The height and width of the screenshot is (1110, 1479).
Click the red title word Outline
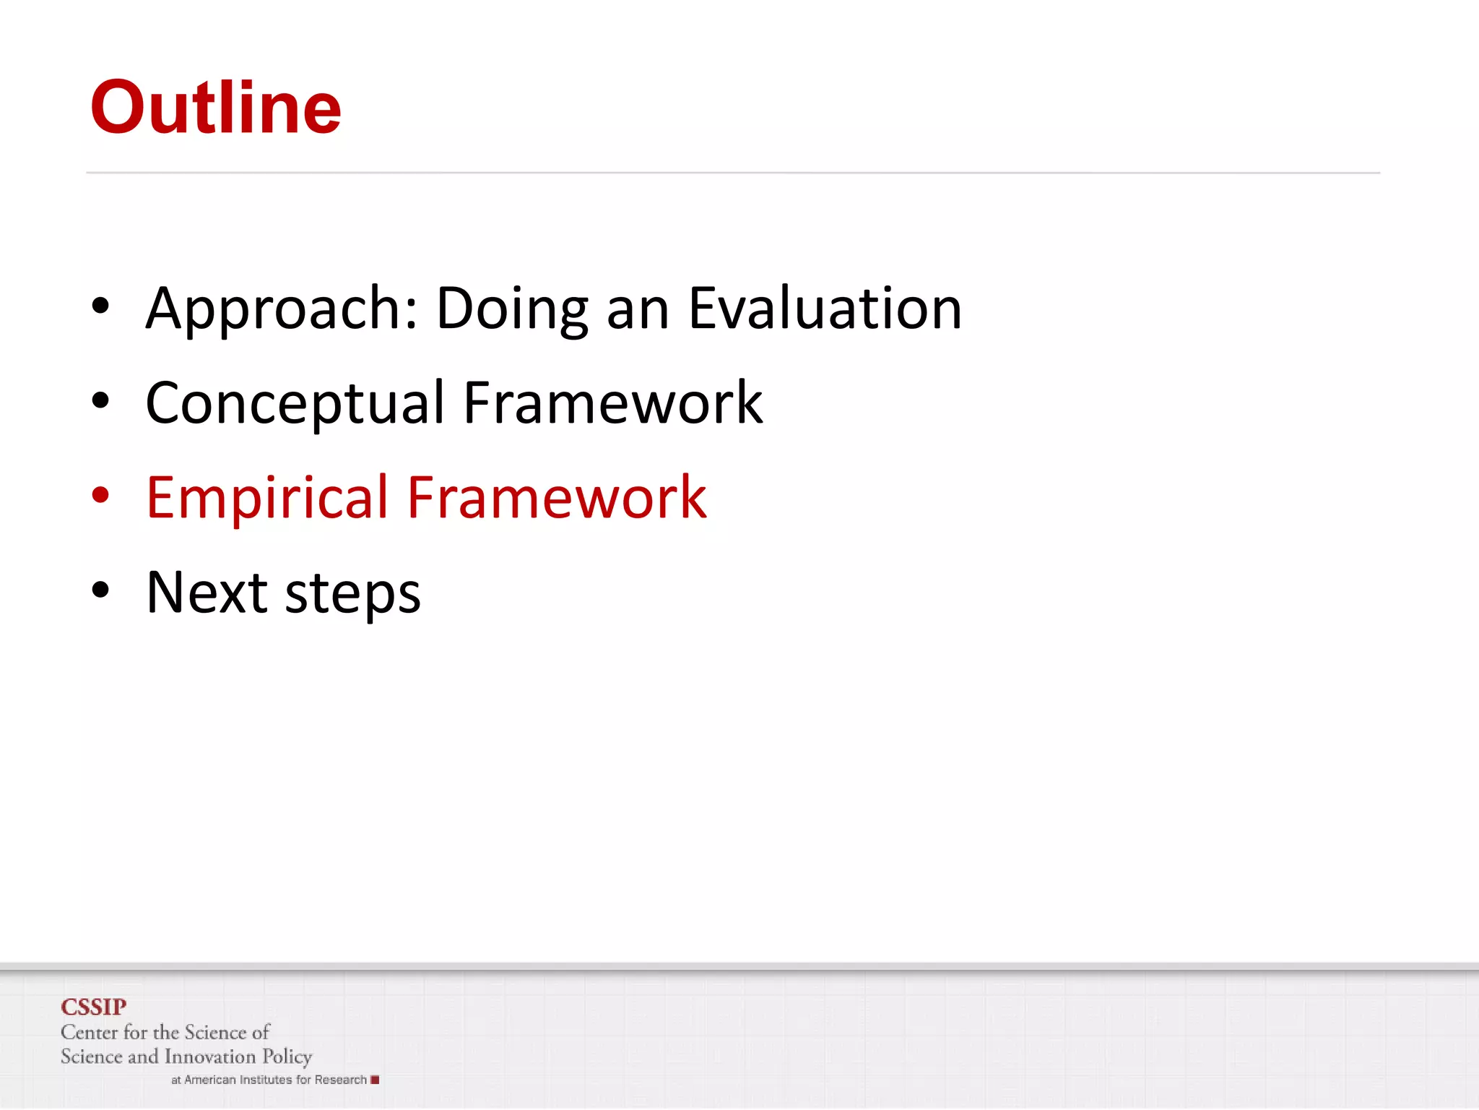tap(215, 108)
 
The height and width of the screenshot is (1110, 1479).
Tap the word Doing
tap(512, 309)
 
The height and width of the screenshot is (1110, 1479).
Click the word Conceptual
tap(295, 403)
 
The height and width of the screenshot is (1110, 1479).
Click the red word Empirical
tap(267, 499)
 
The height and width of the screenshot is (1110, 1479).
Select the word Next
tap(207, 593)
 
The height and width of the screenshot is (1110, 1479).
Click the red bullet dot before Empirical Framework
tap(100, 495)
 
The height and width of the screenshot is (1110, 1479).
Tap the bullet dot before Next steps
tap(100, 590)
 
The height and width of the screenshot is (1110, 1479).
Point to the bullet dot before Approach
tap(100, 306)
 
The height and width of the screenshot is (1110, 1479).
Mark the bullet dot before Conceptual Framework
tap(100, 400)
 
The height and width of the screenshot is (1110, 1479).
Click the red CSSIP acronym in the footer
tap(93, 1007)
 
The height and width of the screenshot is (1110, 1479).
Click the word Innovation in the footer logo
tap(210, 1057)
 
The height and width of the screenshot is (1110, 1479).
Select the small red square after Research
tap(375, 1080)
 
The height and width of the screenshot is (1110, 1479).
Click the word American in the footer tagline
tap(210, 1080)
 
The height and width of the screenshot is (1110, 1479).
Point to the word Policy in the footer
tap(287, 1057)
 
